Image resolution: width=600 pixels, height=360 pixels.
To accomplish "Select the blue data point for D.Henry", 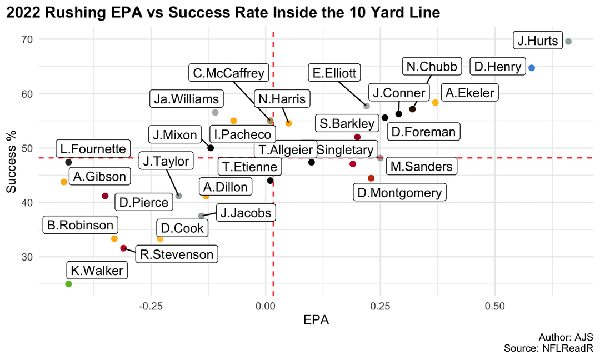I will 532,68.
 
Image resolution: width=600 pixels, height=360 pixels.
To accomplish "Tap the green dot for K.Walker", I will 68,284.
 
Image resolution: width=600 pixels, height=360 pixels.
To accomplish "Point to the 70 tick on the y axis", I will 27,39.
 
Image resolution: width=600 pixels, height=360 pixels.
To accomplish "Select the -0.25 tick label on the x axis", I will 151,306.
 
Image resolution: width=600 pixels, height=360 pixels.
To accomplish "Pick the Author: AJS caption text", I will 566,337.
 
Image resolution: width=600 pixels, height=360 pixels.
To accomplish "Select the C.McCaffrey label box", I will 228,73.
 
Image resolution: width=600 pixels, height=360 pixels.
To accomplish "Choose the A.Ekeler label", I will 469,93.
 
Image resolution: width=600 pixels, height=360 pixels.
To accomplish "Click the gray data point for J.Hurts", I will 568,41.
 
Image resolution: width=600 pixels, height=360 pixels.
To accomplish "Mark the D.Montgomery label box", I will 400,193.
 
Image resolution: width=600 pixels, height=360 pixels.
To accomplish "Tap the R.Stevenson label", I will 177,254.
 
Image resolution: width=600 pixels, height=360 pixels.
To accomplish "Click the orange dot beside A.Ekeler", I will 435,103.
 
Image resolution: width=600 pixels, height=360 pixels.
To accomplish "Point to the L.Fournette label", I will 93,149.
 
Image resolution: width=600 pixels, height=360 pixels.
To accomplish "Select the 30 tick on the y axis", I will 27,257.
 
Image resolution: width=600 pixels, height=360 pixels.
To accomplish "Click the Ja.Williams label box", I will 187,99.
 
